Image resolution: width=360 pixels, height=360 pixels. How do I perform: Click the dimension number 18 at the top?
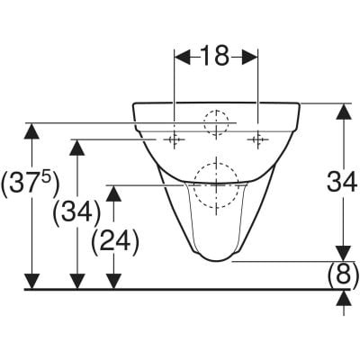(x=215, y=56)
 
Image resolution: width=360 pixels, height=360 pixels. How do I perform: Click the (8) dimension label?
(x=343, y=275)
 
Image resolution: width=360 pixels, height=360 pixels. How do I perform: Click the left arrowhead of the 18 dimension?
(x=183, y=57)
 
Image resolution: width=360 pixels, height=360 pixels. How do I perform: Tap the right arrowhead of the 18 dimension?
(x=249, y=57)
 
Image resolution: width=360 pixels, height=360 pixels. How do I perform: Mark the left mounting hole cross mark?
(x=174, y=139)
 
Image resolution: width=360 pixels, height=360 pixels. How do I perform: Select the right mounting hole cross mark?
(x=257, y=139)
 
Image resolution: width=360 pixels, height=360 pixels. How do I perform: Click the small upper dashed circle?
(x=216, y=111)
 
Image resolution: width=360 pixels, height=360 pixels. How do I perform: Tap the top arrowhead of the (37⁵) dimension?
(x=31, y=131)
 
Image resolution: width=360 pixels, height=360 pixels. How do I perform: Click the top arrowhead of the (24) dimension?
(x=113, y=193)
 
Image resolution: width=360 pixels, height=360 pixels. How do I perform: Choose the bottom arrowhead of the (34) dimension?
(x=77, y=282)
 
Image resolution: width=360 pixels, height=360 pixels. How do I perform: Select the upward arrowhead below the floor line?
(x=344, y=298)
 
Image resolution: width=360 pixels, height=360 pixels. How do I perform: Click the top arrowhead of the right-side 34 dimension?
(x=344, y=112)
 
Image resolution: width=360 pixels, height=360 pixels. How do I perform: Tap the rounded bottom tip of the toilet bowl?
(x=215, y=260)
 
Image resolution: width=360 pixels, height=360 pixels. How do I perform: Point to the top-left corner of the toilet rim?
(x=133, y=103)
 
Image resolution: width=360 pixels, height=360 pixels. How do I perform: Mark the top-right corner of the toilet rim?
(x=299, y=103)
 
